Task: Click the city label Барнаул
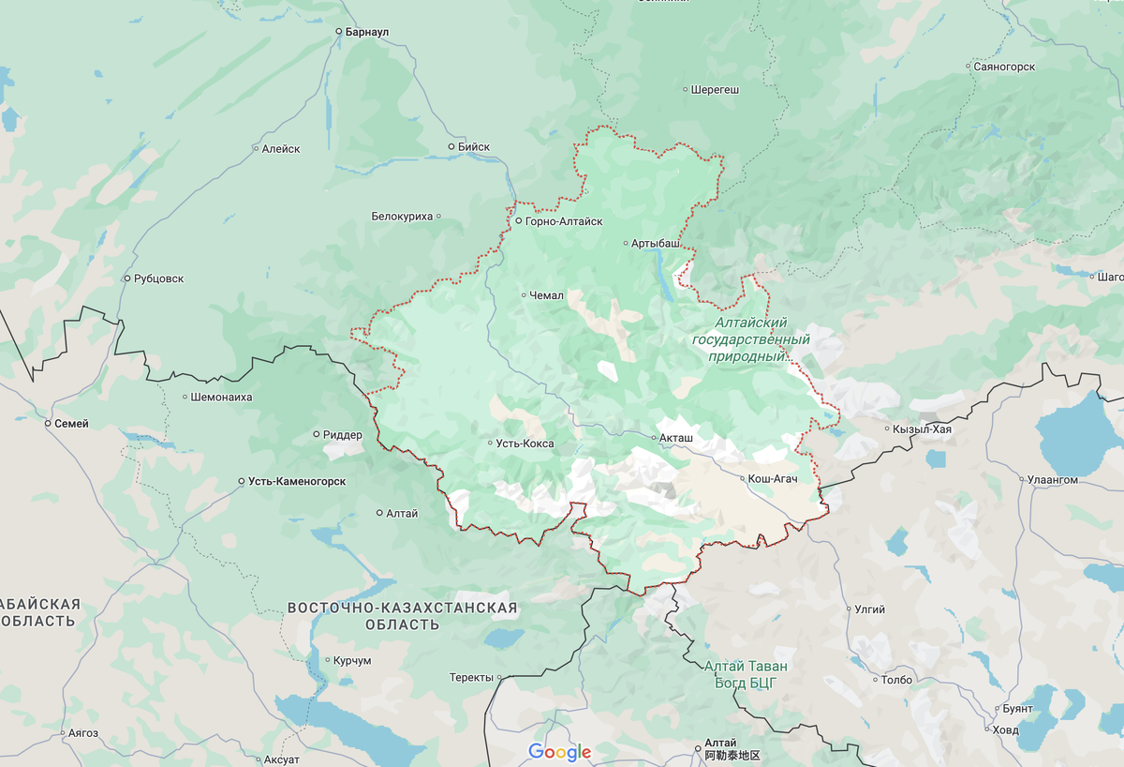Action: pos(366,32)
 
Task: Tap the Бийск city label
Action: pos(474,147)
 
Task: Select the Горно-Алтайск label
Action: pos(564,221)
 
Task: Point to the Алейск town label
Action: pos(281,149)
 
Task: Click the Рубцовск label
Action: pos(159,278)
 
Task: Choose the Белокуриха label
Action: pos(403,217)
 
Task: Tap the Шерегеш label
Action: pos(715,91)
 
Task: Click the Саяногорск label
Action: pos(1003,68)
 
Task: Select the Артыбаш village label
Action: pos(655,244)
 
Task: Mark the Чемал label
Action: pos(546,295)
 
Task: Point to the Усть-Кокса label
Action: pos(525,444)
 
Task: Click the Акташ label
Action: pos(677,438)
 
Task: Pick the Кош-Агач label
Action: pos(772,479)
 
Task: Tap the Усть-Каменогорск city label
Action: pos(297,481)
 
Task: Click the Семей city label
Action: pos(71,424)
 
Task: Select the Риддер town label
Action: pos(342,435)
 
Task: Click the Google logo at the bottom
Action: pos(560,752)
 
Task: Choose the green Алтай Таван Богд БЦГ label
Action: pos(746,674)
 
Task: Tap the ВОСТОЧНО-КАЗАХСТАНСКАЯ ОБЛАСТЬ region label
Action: pos(402,616)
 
